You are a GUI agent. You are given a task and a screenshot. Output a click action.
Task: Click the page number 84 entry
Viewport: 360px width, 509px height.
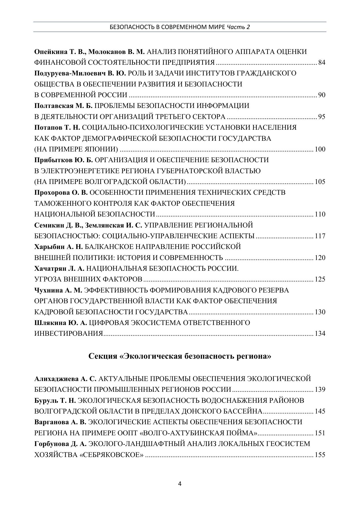pyautogui.click(x=322, y=62)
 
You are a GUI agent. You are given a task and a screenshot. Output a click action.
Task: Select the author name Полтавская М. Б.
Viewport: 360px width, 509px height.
pyautogui.click(x=63, y=106)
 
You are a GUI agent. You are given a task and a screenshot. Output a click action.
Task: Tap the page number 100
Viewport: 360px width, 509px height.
pyautogui.click(x=320, y=149)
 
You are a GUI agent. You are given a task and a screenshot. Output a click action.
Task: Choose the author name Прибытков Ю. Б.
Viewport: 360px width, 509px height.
pyautogui.click(x=63, y=160)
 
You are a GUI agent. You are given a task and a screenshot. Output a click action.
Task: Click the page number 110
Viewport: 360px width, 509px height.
pyautogui.click(x=320, y=214)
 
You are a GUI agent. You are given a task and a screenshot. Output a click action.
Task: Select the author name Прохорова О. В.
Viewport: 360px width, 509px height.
pyautogui.click(x=61, y=193)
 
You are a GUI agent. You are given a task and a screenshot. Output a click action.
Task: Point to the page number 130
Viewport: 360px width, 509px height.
pyautogui.click(x=320, y=312)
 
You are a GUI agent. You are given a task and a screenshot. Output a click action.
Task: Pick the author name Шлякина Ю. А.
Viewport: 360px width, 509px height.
pyautogui.click(x=61, y=323)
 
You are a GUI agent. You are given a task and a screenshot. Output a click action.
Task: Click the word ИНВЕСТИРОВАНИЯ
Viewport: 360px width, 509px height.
pyautogui.click(x=69, y=333)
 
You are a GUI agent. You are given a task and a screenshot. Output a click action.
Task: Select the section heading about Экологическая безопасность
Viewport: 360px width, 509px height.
pyautogui.click(x=180, y=356)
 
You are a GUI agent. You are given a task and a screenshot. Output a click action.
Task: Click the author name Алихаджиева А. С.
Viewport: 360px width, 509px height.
pyautogui.click(x=65, y=379)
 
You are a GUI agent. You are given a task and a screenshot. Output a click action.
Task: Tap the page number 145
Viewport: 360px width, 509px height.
pyautogui.click(x=320, y=411)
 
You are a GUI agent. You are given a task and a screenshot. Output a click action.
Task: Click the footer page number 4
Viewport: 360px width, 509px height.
pyautogui.click(x=180, y=484)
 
